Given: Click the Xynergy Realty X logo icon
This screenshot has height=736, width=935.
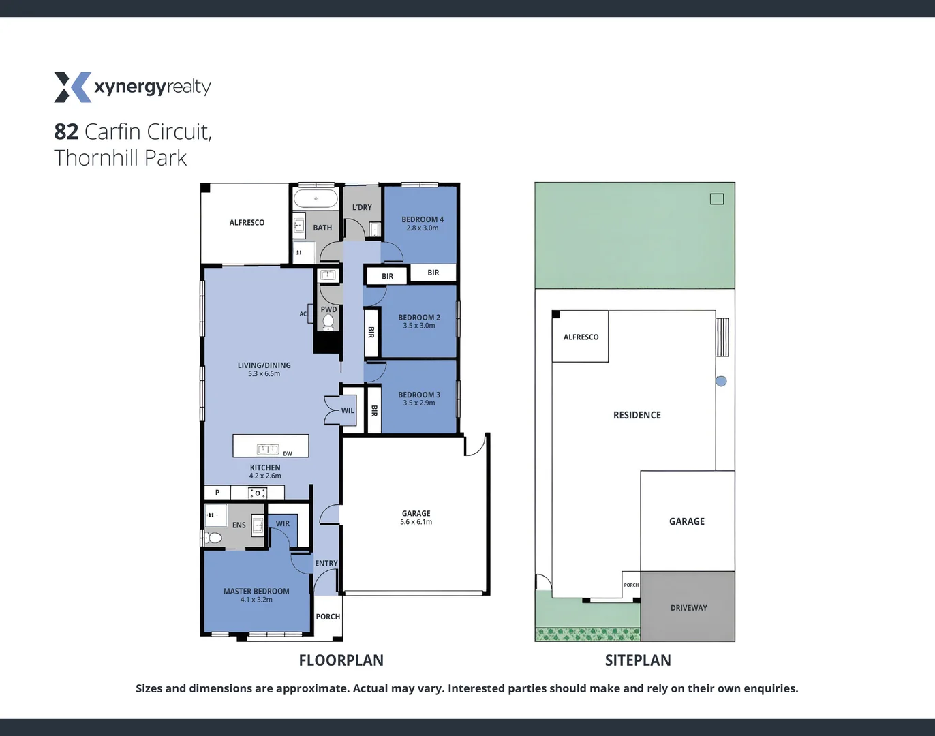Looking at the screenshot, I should [72, 87].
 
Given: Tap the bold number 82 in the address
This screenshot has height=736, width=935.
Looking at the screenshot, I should [66, 132].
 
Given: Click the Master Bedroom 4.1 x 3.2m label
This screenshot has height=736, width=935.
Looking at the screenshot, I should [256, 595].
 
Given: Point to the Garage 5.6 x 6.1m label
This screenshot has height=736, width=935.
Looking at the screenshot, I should [416, 517].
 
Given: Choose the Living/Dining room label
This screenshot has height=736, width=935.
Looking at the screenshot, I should [264, 369].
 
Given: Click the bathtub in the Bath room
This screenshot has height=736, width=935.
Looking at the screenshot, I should [316, 199].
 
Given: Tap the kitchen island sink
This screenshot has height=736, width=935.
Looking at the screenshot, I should [268, 448].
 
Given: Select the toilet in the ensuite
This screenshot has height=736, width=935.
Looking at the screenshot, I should [214, 538].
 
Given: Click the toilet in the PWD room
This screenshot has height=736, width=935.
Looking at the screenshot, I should [328, 321].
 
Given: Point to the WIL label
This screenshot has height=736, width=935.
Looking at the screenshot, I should [348, 410].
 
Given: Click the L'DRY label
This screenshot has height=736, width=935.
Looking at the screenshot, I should [362, 207].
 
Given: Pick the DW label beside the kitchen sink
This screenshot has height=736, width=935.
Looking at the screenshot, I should [288, 453].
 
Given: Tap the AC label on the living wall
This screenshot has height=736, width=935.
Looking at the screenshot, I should [303, 313].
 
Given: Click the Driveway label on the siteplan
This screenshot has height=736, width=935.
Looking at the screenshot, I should [688, 607].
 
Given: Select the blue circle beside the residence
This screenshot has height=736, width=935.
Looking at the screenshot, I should [721, 381].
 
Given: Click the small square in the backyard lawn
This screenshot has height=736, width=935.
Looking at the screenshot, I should [717, 199].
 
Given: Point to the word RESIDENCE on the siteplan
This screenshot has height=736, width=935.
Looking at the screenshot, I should [637, 415].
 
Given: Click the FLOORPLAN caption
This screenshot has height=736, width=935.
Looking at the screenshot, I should [341, 660].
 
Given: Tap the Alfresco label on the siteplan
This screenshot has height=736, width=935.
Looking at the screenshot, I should [581, 337].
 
